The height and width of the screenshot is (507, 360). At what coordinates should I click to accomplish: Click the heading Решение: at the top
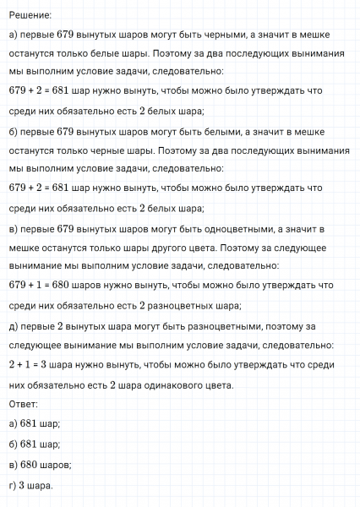[29, 15]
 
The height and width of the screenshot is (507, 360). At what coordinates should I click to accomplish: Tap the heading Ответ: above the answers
[23, 404]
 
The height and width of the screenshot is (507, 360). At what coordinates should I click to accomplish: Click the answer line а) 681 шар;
[34, 423]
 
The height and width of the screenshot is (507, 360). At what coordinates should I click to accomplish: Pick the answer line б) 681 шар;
[34, 444]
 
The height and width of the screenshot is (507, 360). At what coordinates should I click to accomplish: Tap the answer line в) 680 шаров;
[40, 464]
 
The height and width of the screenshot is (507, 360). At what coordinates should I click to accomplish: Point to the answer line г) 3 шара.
[30, 485]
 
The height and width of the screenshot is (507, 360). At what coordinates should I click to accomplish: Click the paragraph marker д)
[13, 326]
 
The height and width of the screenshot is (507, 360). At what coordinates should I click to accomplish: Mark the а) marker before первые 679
[13, 35]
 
